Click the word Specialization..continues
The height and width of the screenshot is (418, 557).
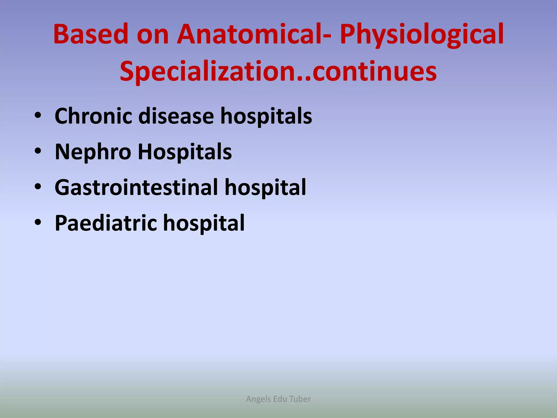point(278,71)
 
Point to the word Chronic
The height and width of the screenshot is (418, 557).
point(93,116)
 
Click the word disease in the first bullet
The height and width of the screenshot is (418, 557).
point(176,116)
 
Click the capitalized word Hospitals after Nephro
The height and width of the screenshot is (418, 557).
point(185,152)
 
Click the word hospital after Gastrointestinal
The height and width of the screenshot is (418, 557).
point(265,188)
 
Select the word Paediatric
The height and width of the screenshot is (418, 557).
point(106,223)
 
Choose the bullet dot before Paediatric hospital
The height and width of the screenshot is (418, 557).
point(38,222)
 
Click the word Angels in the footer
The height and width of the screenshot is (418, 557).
point(258,399)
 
